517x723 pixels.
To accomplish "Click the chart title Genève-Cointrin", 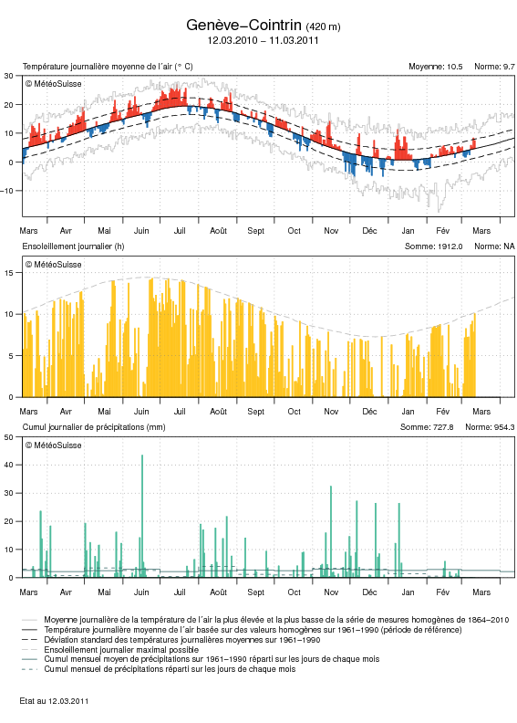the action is click(x=243, y=26).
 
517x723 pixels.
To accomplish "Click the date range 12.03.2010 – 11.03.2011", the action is click(x=263, y=40).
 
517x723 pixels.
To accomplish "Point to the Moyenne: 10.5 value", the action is click(x=436, y=67).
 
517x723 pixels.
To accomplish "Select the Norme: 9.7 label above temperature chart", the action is click(x=494, y=67).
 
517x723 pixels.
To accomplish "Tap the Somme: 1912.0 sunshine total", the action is click(x=434, y=246).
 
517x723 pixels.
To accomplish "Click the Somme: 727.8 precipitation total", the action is click(x=427, y=427).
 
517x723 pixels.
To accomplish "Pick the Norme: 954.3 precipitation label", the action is click(x=490, y=427).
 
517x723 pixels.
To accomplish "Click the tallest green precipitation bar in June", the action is click(x=142, y=516).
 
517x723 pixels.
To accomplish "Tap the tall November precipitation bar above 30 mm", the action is click(x=331, y=531).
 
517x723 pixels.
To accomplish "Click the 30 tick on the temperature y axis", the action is click(x=9, y=76).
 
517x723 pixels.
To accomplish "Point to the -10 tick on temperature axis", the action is click(x=8, y=191).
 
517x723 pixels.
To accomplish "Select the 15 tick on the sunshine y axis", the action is click(x=10, y=273).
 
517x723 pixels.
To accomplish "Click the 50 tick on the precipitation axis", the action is click(x=9, y=437).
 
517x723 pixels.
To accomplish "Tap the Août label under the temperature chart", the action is click(x=218, y=231).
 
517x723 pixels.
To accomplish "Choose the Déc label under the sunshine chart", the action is click(x=369, y=412).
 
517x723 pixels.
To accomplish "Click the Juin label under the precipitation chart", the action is click(x=141, y=592).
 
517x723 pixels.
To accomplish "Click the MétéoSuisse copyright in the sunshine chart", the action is click(x=54, y=265).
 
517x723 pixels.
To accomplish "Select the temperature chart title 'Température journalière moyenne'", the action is click(x=108, y=67).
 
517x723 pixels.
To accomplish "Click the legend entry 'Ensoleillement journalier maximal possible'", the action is click(x=121, y=650).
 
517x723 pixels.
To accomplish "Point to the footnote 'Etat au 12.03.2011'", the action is click(x=54, y=701).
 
